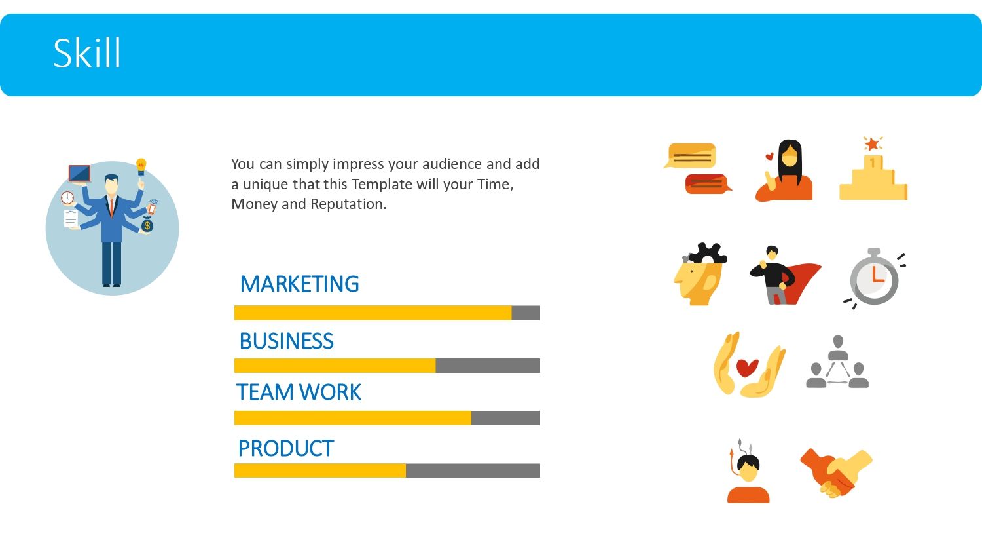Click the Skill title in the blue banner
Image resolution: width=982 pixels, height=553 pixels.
click(x=87, y=53)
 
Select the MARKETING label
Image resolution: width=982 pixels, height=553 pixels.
click(x=300, y=284)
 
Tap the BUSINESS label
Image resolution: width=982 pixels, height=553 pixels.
click(x=287, y=341)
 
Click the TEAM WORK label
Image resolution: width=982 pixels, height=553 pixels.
click(x=299, y=392)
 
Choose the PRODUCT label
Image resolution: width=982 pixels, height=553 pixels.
click(x=286, y=449)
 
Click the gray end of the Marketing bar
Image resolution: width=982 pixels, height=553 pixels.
click(x=526, y=313)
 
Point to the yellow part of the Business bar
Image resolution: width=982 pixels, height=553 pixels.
click(x=335, y=366)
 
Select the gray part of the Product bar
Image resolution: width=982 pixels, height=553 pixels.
click(x=473, y=470)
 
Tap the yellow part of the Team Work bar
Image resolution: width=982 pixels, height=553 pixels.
click(x=353, y=418)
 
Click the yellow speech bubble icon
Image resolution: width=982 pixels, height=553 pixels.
click(x=691, y=156)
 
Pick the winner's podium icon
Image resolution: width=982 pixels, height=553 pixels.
click(x=873, y=168)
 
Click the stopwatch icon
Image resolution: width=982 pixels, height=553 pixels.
click(x=874, y=278)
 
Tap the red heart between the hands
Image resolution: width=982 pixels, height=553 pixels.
click(x=747, y=368)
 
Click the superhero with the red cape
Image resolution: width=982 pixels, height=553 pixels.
click(x=785, y=275)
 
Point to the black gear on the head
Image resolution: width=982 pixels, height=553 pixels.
click(x=706, y=253)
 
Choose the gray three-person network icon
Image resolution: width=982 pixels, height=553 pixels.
click(x=837, y=362)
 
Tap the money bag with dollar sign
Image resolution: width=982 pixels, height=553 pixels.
click(x=147, y=225)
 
